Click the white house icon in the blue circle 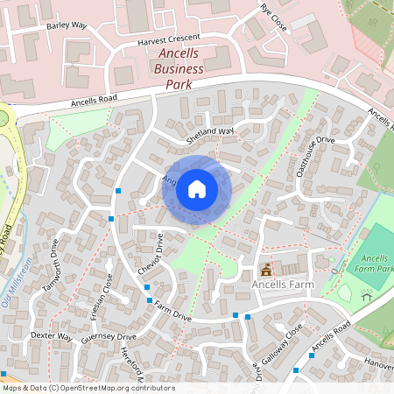197,189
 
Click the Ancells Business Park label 178,68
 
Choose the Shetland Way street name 210,135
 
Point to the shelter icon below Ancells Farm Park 367,297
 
